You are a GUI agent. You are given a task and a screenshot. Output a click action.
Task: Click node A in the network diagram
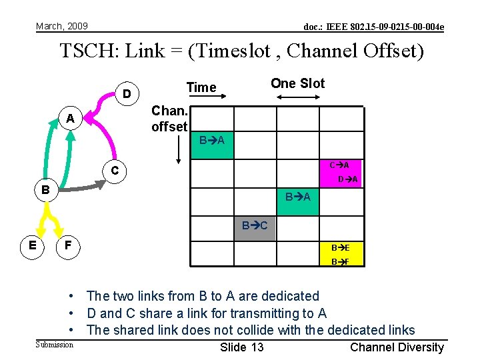(x=69, y=119)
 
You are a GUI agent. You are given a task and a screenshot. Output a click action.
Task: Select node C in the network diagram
(x=115, y=171)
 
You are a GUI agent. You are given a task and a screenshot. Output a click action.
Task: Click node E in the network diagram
(x=32, y=246)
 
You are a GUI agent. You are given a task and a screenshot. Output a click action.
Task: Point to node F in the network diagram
(x=68, y=247)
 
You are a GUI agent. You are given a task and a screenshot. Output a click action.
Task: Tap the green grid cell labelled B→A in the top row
(x=213, y=141)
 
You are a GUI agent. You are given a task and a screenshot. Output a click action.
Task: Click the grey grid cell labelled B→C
(x=255, y=226)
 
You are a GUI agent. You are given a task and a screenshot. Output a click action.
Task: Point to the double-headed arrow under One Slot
(x=297, y=99)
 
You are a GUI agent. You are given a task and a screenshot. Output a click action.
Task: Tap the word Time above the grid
(x=201, y=87)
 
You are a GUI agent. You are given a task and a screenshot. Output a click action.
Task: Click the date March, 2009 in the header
(x=61, y=26)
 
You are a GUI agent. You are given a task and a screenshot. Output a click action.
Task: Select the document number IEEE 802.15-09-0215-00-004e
(x=373, y=27)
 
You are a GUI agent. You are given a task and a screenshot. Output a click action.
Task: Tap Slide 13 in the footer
(x=241, y=347)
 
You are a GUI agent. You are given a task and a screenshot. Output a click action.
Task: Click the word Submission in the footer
(x=54, y=345)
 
